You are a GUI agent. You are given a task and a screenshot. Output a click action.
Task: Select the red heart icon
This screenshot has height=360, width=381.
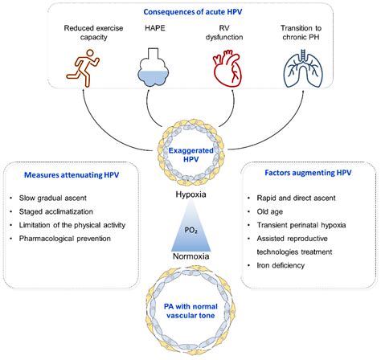[227, 70]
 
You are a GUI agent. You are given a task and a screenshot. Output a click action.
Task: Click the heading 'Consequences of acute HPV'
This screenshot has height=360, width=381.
[193, 12]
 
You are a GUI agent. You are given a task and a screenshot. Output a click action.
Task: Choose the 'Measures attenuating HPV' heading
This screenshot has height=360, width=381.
[72, 175]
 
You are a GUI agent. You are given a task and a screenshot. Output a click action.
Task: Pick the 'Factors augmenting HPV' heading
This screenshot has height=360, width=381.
[308, 173]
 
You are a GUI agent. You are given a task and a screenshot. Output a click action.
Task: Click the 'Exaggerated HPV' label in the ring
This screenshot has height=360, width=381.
[190, 155]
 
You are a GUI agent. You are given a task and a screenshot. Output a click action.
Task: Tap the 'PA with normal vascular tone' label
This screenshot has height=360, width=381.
[190, 311]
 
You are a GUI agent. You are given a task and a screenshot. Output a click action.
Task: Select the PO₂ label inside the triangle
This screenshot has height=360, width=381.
[191, 231]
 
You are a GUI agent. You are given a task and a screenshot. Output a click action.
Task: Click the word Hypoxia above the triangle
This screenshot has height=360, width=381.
[190, 194]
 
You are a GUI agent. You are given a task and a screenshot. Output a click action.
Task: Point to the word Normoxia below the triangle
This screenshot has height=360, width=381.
[190, 256]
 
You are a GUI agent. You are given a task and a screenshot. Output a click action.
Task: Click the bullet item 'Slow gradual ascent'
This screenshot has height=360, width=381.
[53, 198]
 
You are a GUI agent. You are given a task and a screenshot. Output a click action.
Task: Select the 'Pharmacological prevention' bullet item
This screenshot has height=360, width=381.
[65, 239]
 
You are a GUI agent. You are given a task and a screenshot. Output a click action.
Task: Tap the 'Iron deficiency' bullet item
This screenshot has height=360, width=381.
[281, 265]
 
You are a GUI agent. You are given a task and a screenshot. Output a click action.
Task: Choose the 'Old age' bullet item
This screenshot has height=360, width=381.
[270, 211]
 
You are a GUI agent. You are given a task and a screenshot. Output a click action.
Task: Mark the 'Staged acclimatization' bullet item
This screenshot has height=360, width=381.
[56, 211]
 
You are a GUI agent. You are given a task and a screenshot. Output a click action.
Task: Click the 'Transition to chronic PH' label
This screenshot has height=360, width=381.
[301, 32]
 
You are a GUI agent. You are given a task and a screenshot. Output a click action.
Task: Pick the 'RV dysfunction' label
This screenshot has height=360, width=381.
[224, 32]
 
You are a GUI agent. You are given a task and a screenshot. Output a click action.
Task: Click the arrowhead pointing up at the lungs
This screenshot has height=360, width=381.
[303, 92]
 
